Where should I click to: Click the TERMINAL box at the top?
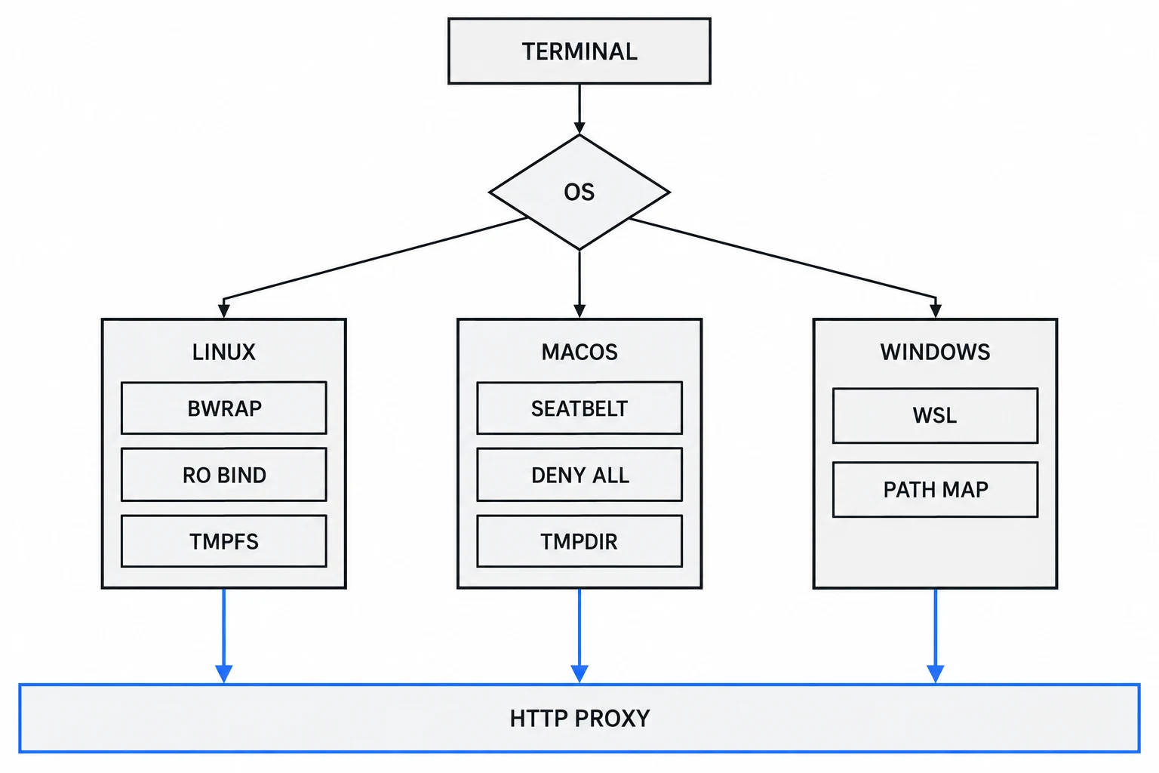tap(579, 51)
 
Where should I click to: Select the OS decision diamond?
tap(579, 192)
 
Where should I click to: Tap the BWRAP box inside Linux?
tap(223, 408)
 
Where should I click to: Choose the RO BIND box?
tap(223, 474)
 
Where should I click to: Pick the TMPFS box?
tap(223, 541)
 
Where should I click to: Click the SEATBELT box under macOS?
tap(579, 408)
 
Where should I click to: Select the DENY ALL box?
tap(579, 474)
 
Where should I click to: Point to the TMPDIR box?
tap(579, 541)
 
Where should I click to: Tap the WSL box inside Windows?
tap(935, 415)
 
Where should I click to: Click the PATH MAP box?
tap(935, 489)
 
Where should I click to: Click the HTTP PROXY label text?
tap(579, 718)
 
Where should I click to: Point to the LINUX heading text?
tap(223, 352)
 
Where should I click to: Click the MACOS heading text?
tap(579, 352)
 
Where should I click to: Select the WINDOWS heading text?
tap(935, 352)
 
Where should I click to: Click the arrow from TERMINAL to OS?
tap(579, 109)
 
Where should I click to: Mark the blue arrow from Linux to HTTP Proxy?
tap(223, 636)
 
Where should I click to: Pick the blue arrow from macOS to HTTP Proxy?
tap(579, 636)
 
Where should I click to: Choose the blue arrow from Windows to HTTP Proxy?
tap(935, 636)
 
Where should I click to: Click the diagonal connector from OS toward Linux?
tap(375, 258)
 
